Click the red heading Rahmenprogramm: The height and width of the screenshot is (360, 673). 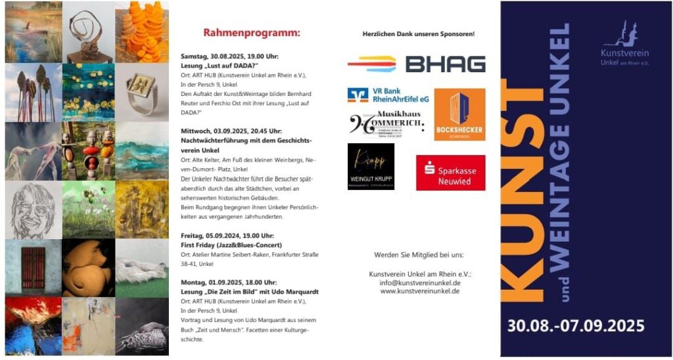[x=251, y=32]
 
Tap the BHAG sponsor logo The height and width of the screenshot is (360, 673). [x=417, y=64]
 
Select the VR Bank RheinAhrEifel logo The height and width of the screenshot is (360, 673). [x=388, y=95]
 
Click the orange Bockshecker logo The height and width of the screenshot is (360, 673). [x=459, y=114]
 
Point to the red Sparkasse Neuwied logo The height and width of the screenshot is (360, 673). [x=450, y=173]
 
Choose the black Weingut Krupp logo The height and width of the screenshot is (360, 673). [x=371, y=166]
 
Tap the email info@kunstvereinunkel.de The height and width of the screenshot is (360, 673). [x=419, y=282]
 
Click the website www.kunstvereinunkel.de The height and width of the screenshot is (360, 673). [x=419, y=290]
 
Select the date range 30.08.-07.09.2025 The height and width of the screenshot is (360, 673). [x=575, y=325]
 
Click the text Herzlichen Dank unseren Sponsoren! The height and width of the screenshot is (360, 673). [x=418, y=34]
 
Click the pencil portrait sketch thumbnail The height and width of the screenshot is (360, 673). [x=33, y=210]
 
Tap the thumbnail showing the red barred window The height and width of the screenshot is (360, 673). [x=33, y=267]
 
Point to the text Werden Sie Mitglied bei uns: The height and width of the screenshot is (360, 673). [x=419, y=254]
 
